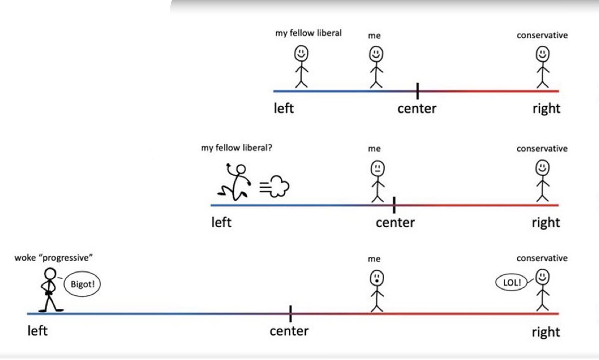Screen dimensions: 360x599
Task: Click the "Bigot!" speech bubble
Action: click(82, 284)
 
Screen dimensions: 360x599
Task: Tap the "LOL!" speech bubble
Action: click(512, 282)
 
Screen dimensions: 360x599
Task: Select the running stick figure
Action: click(235, 182)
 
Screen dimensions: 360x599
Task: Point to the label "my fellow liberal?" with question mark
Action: click(236, 148)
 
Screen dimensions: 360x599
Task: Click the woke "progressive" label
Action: click(53, 258)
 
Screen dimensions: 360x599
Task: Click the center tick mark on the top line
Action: click(417, 91)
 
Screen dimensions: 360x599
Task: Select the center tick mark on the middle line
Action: click(394, 205)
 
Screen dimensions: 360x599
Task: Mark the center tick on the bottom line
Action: click(290, 313)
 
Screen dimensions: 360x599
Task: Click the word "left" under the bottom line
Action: click(37, 331)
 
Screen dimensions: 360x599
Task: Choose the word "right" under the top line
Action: click(546, 109)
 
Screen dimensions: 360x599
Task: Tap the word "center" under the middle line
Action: click(395, 222)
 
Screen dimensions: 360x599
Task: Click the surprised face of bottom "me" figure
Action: click(376, 278)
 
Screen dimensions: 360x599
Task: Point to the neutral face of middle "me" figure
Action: click(377, 168)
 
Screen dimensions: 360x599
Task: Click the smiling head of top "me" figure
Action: click(376, 54)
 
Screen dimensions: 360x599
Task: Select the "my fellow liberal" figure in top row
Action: click(301, 66)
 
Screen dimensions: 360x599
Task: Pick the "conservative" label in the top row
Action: click(542, 35)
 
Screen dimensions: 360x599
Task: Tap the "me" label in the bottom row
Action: click(374, 259)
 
